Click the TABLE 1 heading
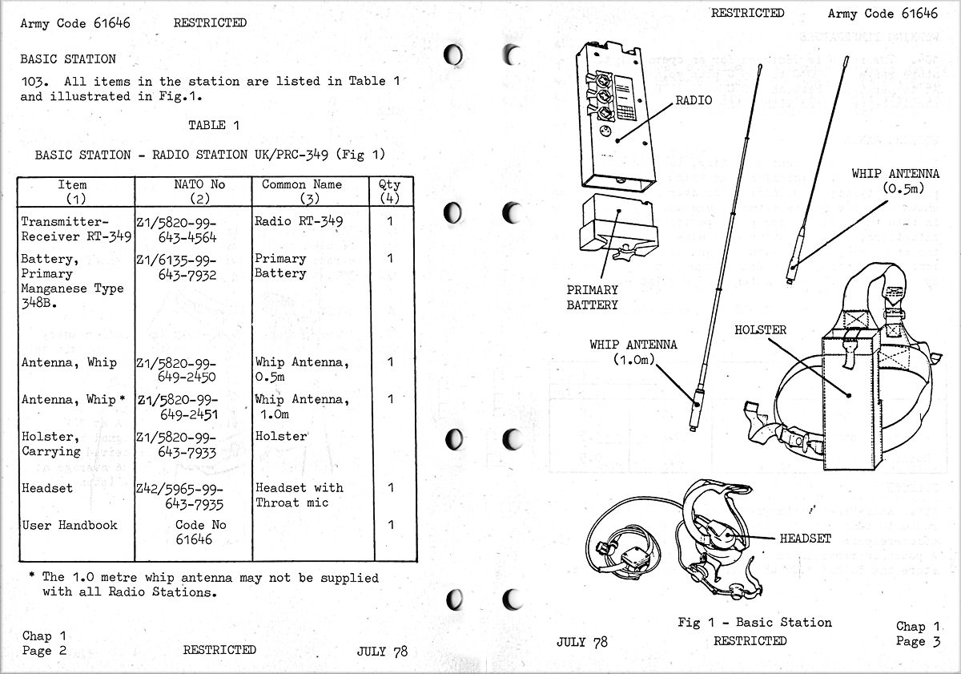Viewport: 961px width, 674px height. click(x=213, y=125)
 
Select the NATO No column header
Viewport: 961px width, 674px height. click(x=199, y=192)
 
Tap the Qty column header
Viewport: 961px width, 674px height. click(x=390, y=192)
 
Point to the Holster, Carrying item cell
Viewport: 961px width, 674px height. click(x=51, y=445)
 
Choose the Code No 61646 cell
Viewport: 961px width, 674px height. click(x=195, y=533)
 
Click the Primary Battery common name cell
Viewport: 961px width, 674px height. click(x=280, y=266)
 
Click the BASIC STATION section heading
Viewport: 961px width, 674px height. click(x=68, y=59)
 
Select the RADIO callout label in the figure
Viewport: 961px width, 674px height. click(x=694, y=101)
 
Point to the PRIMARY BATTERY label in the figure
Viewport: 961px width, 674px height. click(x=593, y=297)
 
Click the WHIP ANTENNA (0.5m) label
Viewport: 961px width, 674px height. click(x=895, y=181)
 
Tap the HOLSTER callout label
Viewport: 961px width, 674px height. click(x=760, y=330)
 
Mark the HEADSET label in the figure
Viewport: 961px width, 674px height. click(x=805, y=539)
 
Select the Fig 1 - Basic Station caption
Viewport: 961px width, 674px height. click(x=754, y=623)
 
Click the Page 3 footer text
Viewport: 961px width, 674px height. click(x=919, y=635)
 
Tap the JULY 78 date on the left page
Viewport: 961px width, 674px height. click(x=381, y=652)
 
